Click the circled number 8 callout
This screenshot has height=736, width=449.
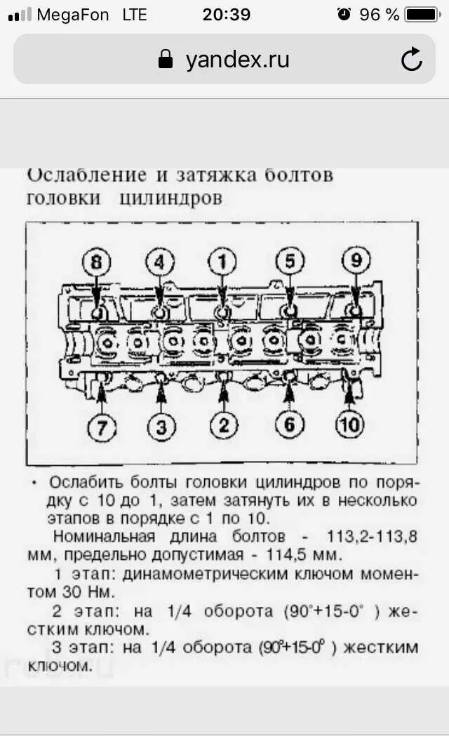pos(96,263)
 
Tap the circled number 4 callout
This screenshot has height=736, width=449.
pos(159,263)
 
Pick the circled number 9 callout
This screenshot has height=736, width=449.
pos(356,262)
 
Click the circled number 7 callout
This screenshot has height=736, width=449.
pos(102,427)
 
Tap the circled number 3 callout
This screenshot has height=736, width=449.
pos(161,427)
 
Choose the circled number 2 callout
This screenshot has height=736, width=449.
pos(224,425)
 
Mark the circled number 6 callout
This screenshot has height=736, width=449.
pos(290,425)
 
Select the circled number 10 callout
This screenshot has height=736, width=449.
pos(349,425)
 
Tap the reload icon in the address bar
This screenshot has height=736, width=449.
pos(412,60)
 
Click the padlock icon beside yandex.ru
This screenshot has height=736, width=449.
pos(166,60)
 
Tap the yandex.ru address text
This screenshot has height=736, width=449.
pos(237,60)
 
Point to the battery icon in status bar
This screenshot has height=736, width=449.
pos(422,14)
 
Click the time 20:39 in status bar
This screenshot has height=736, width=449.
pos(226,14)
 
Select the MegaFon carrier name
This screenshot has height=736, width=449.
pos(73,14)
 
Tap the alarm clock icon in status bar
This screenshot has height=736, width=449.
pos(344,14)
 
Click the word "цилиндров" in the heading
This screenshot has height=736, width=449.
pos(170,199)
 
